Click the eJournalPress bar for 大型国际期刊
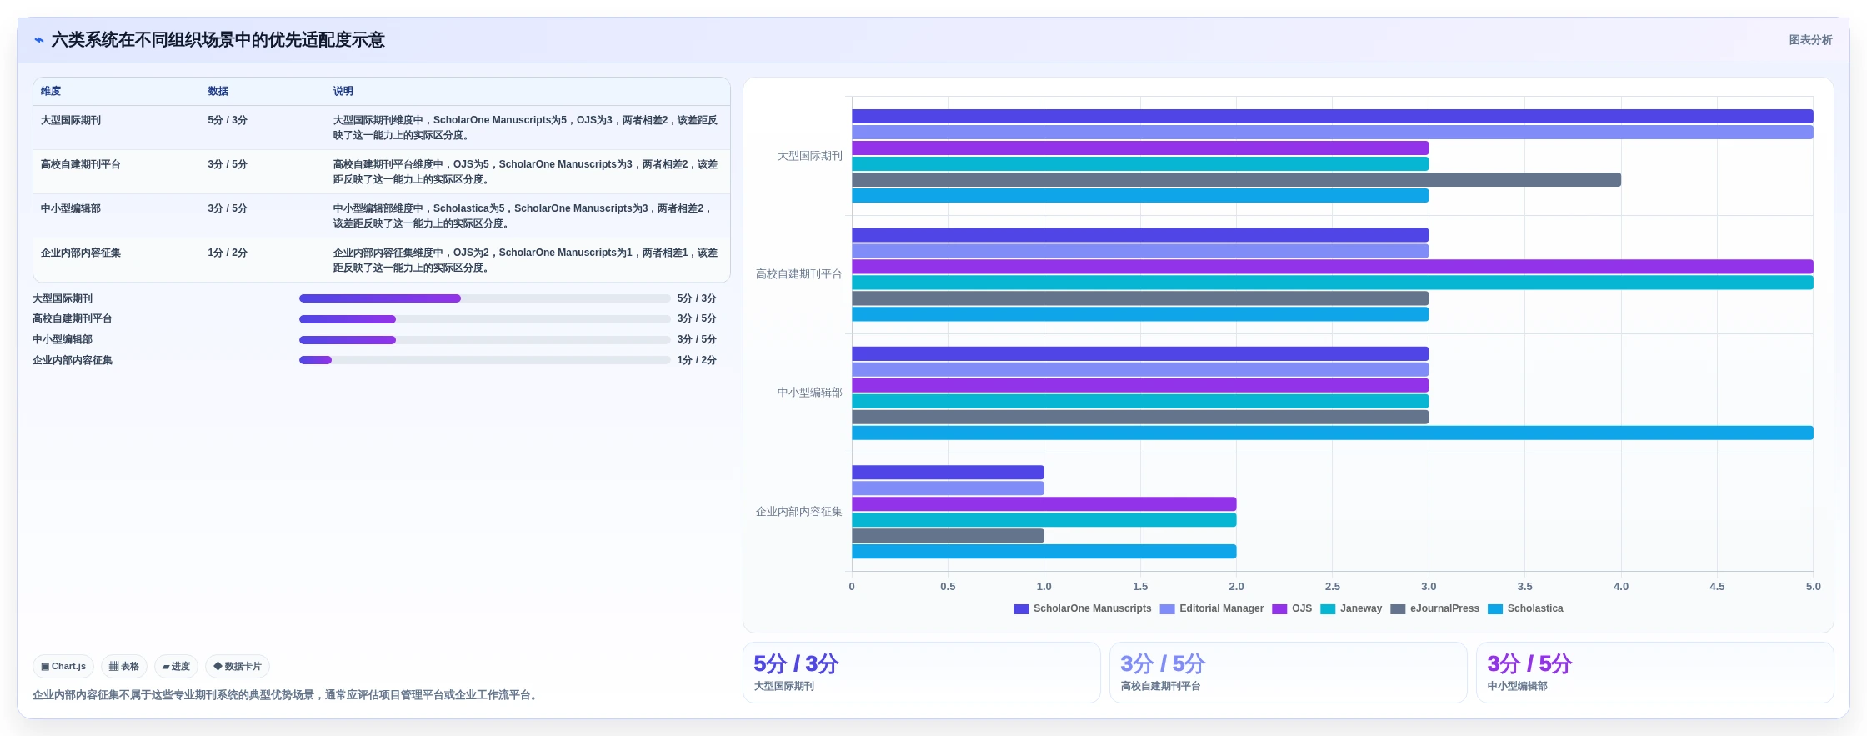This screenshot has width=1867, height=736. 1236,180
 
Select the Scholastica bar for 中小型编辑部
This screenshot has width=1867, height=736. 1332,433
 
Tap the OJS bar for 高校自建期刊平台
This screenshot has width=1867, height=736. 1332,267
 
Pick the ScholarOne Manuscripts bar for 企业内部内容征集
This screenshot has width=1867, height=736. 948,473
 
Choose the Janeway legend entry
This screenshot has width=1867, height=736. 1351,608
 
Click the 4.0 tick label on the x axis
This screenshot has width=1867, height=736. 1621,587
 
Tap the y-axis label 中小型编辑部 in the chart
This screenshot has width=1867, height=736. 809,393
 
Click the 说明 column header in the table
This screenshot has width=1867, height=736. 343,91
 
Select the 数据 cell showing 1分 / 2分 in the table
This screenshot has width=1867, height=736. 228,253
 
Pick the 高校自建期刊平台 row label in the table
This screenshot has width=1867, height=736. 81,164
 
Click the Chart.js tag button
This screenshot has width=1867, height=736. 63,667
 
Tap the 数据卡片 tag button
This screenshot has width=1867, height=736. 238,667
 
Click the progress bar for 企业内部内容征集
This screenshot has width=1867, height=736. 484,360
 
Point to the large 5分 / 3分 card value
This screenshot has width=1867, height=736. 796,664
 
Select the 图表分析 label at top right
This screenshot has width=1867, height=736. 1810,40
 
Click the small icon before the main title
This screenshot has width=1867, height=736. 39,40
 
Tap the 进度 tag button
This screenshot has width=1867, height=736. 176,667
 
